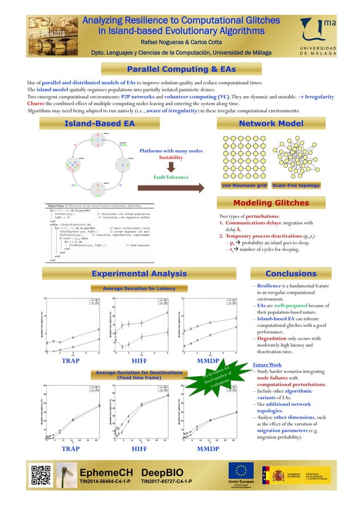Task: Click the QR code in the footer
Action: coord(40,475)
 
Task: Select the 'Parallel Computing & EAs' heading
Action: coord(181,69)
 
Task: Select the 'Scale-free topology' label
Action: coord(296,185)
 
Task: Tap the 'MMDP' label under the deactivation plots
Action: coord(208,449)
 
